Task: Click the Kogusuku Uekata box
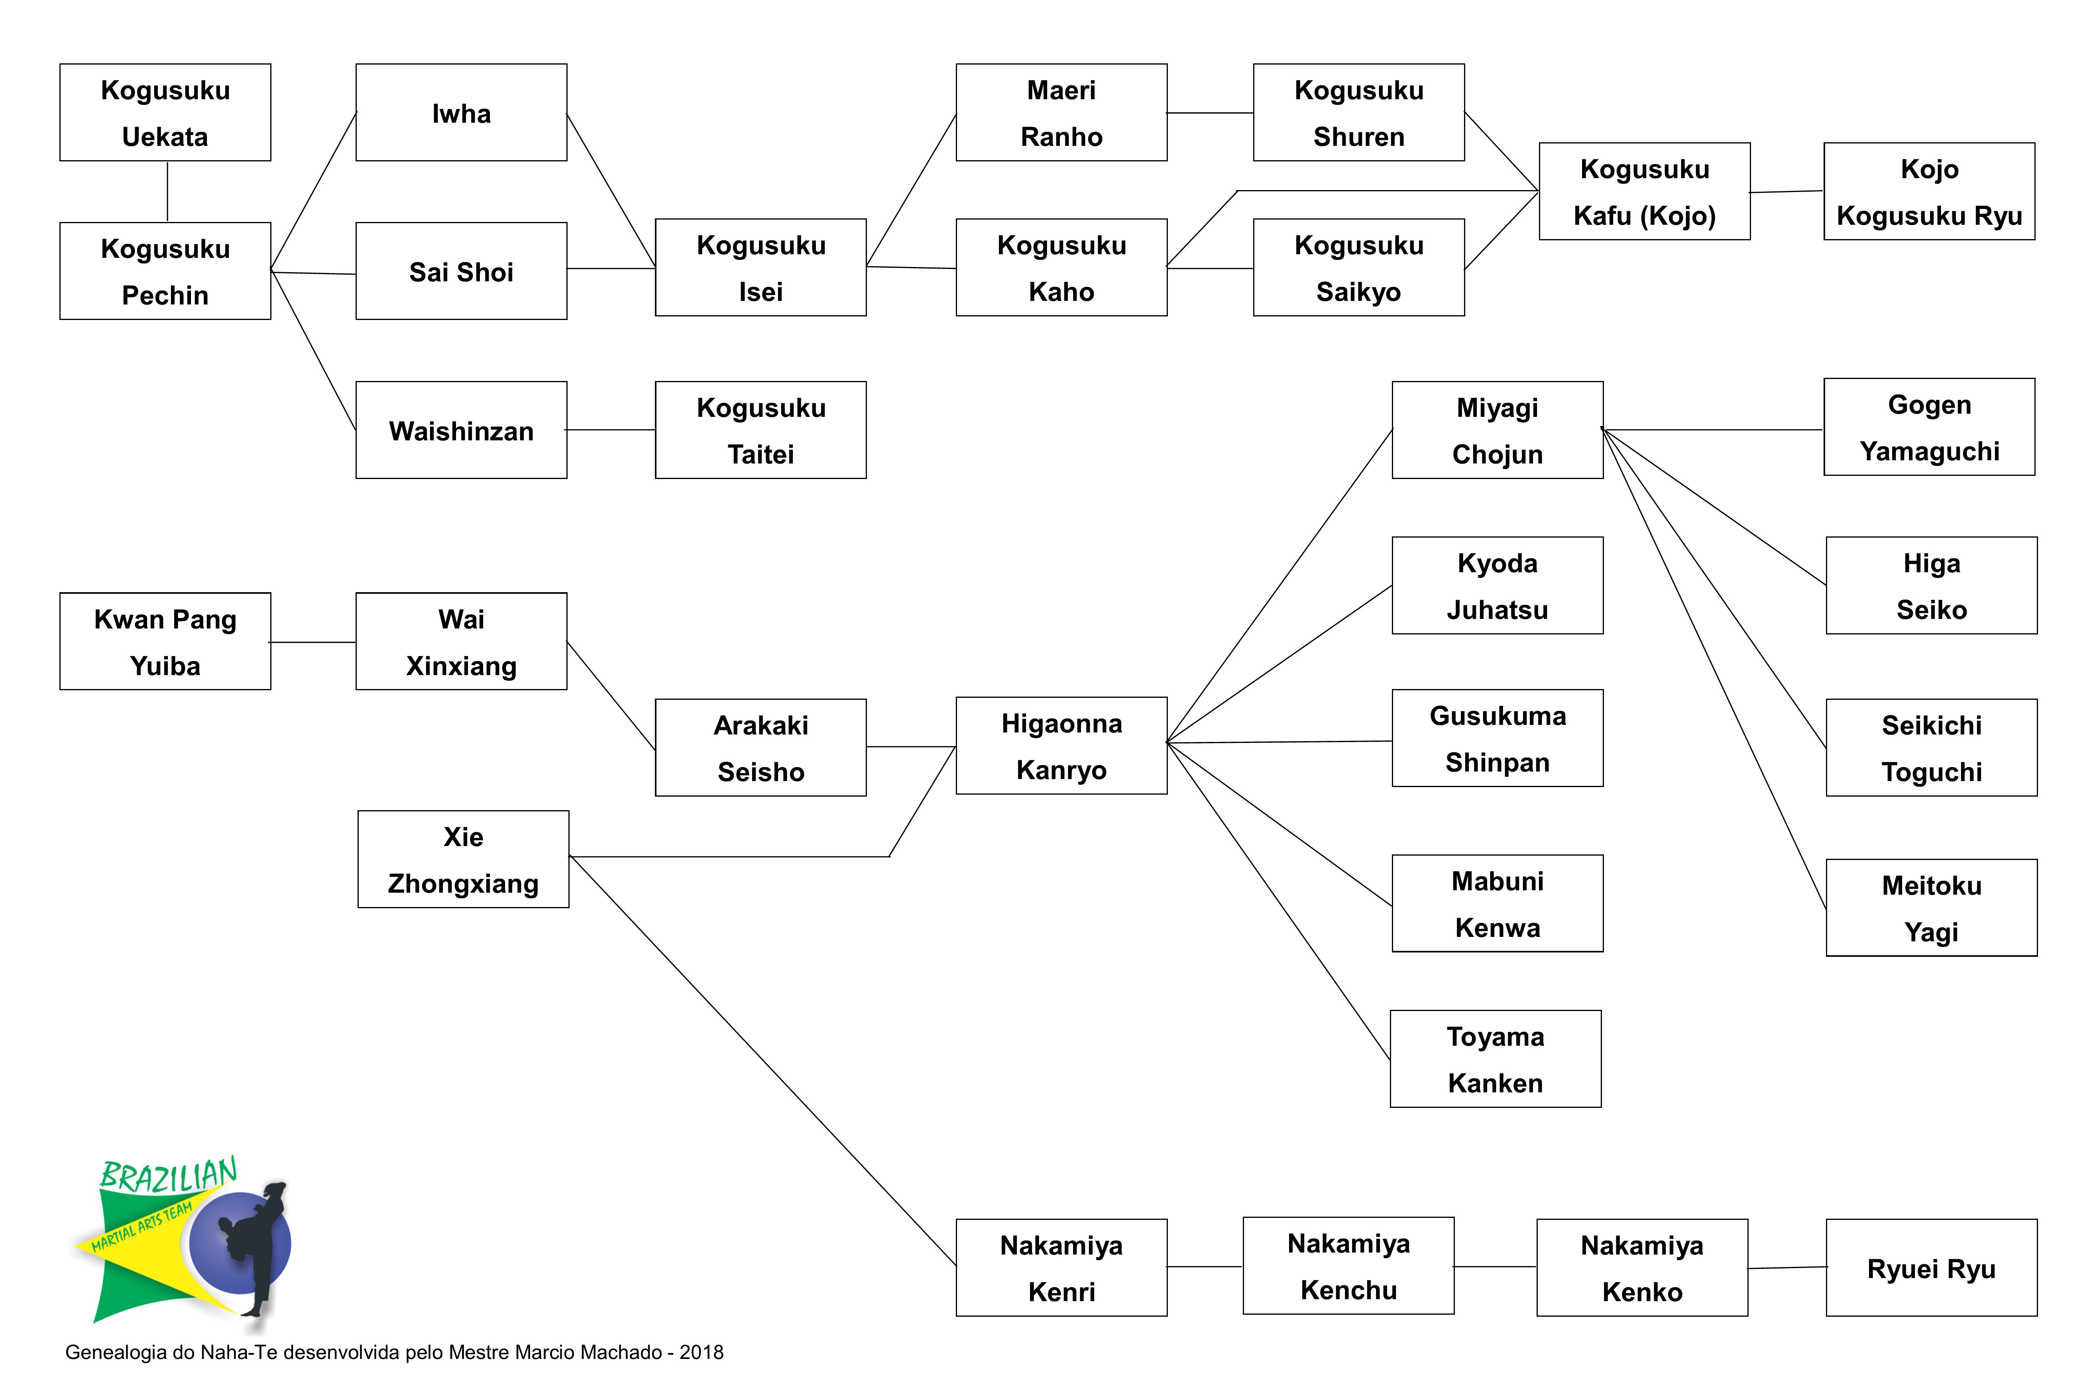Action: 165,112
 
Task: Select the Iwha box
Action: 461,112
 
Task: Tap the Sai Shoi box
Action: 461,271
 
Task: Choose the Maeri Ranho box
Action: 1061,112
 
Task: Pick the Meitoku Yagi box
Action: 1931,908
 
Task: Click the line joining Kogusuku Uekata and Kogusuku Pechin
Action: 168,192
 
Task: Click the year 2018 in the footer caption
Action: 702,1353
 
